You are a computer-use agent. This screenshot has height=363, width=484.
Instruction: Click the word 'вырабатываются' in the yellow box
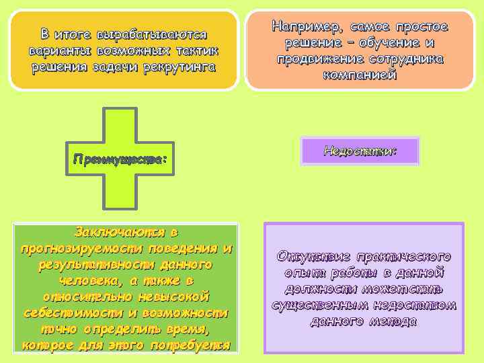[153, 34]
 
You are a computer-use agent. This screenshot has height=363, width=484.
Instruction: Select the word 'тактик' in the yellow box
[198, 50]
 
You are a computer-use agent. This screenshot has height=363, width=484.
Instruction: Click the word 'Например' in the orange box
[305, 28]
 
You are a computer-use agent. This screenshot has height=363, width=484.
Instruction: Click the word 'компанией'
[360, 75]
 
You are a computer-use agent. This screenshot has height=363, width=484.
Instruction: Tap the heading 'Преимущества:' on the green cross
[120, 160]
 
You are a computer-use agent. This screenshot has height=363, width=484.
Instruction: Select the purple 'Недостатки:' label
[360, 151]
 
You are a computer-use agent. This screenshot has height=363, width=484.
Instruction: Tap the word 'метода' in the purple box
[392, 322]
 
